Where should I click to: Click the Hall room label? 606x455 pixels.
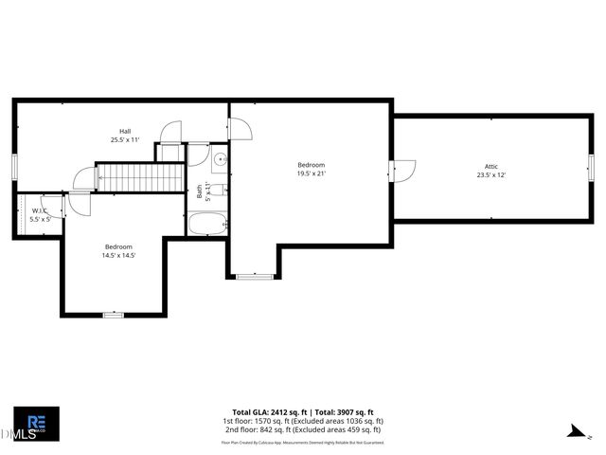tap(125, 131)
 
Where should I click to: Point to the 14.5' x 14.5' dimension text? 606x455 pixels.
tap(119, 256)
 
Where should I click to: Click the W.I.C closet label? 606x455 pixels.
tap(40, 211)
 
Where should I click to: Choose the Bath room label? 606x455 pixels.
tap(199, 191)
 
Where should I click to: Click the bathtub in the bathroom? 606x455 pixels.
tap(206, 225)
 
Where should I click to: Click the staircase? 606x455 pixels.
tap(141, 177)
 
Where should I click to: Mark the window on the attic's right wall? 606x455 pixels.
tap(590, 165)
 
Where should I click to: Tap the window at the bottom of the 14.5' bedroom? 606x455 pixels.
tap(114, 314)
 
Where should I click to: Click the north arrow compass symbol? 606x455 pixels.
tap(575, 431)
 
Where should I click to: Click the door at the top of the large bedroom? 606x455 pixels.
tap(241, 127)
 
